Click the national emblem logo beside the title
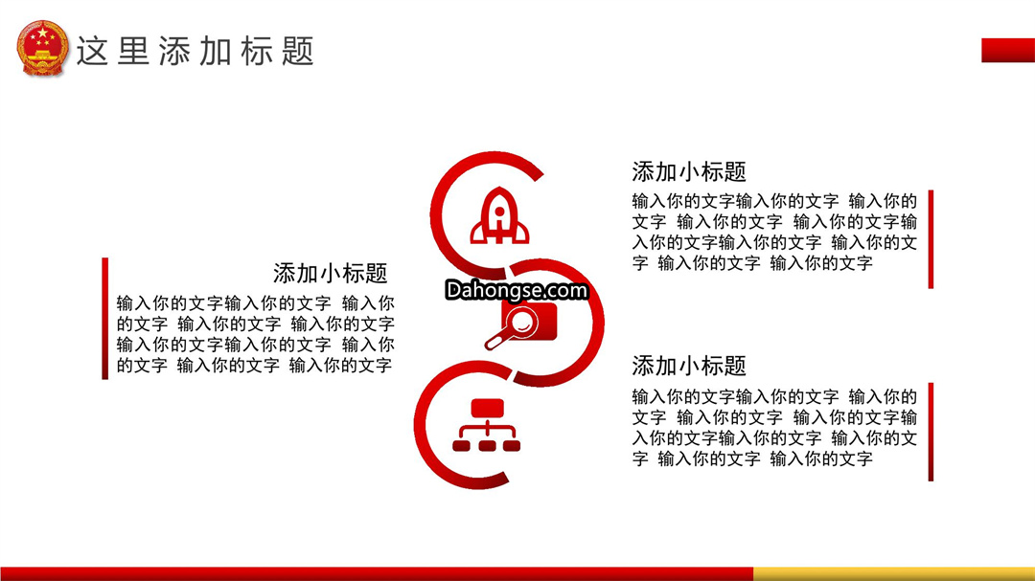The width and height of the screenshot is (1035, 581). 42,49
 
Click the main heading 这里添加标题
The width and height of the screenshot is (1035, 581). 195,52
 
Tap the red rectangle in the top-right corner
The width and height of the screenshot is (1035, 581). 1008,50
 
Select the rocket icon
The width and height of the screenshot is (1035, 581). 499,215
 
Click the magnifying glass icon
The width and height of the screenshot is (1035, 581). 520,326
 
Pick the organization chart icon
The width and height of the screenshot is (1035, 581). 487,425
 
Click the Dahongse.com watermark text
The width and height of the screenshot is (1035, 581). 517,290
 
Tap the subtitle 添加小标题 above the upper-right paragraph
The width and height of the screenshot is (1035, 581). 688,172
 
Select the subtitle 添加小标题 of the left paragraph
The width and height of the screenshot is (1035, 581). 330,273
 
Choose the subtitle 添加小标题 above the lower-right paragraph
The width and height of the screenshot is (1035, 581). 688,366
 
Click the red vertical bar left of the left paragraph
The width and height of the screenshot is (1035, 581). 105,319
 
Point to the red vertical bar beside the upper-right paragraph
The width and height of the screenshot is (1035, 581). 931,239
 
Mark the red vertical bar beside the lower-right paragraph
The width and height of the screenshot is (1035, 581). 931,432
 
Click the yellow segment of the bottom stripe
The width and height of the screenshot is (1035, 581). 894,573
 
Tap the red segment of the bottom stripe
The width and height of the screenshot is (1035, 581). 377,573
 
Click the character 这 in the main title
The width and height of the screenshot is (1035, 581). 92,52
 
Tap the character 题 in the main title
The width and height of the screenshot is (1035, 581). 298,52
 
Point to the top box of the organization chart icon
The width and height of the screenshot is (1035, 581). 487,408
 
